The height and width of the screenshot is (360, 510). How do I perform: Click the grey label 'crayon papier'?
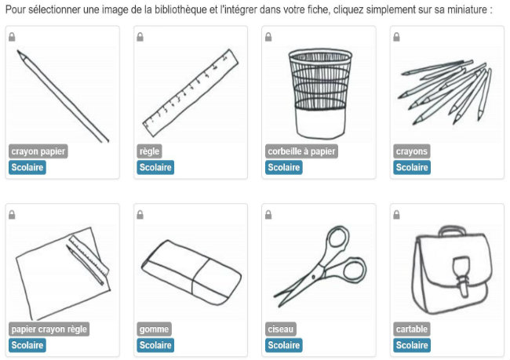click(38, 151)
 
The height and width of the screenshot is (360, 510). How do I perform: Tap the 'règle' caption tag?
click(149, 151)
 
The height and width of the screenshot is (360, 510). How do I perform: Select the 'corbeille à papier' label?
click(301, 151)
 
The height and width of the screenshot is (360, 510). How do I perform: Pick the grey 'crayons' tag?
click(411, 151)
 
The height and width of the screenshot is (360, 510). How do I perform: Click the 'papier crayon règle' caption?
click(49, 329)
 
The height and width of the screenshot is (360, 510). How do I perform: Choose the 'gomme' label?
click(154, 329)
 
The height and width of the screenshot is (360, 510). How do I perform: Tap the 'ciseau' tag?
click(280, 329)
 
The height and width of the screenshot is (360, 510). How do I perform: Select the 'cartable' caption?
click(412, 329)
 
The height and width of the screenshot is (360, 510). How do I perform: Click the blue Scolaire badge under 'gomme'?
click(155, 345)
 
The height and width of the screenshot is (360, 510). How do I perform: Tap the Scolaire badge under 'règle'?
click(155, 168)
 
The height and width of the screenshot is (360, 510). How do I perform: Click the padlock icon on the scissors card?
click(268, 215)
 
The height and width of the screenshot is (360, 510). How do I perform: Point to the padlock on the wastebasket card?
click(268, 37)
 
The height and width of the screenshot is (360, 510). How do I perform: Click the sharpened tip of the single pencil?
click(19, 52)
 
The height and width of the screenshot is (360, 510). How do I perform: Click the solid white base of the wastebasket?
click(320, 124)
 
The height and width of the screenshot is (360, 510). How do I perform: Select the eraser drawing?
click(191, 272)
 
